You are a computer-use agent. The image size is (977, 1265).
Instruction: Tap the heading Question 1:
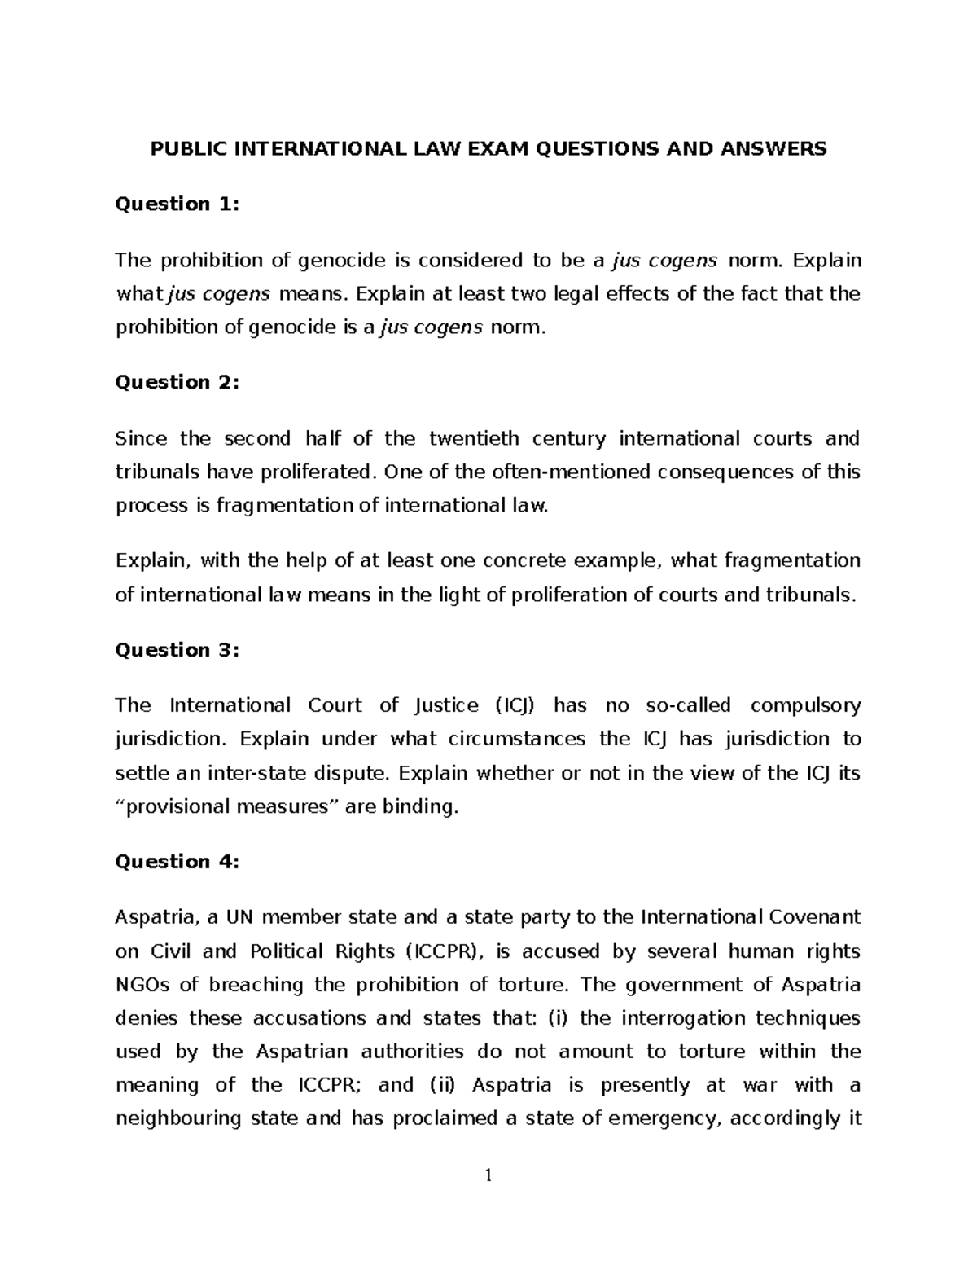click(177, 204)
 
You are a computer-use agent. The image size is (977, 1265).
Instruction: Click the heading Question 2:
click(177, 382)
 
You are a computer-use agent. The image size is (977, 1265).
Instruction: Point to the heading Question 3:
click(177, 650)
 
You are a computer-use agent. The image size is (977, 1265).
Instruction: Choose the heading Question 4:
click(177, 862)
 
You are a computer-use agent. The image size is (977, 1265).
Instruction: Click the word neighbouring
click(178, 1118)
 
